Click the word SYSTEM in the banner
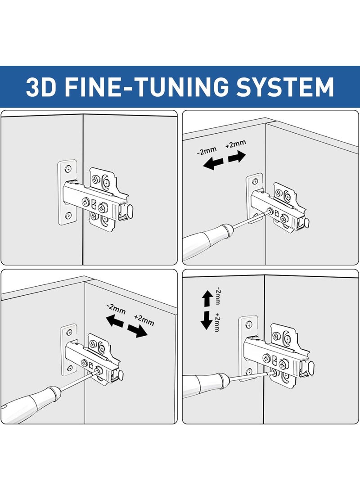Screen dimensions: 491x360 (x=285, y=87)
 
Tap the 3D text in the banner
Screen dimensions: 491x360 (x=41, y=87)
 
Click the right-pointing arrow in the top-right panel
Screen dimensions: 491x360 (x=237, y=157)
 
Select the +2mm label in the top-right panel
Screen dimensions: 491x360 (x=235, y=144)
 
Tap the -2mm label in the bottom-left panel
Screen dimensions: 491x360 (x=116, y=309)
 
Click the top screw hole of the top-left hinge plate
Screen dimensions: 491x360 (x=67, y=169)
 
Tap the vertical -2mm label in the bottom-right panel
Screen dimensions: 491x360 (x=218, y=296)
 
